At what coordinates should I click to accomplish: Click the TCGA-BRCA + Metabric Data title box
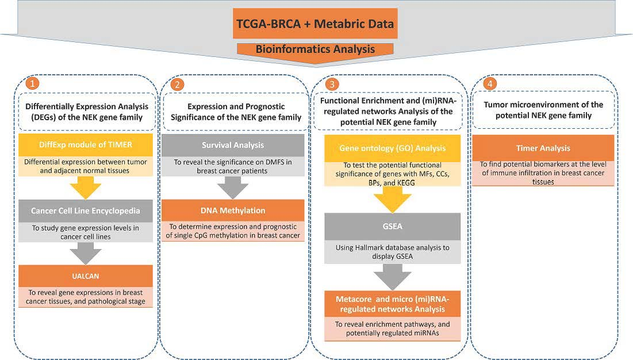[315, 25]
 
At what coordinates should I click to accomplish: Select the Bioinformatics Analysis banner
[315, 49]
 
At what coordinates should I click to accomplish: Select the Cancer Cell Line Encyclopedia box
[86, 210]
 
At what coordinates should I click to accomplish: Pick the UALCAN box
[86, 276]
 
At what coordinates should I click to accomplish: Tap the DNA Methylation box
[232, 210]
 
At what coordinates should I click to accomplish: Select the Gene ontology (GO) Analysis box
[393, 148]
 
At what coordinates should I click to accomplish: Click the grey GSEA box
[393, 227]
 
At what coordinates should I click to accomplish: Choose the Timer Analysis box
[542, 147]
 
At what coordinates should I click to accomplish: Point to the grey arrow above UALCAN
[86, 253]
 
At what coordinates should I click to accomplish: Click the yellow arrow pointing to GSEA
[393, 200]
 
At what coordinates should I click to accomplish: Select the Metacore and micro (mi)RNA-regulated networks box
[393, 303]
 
